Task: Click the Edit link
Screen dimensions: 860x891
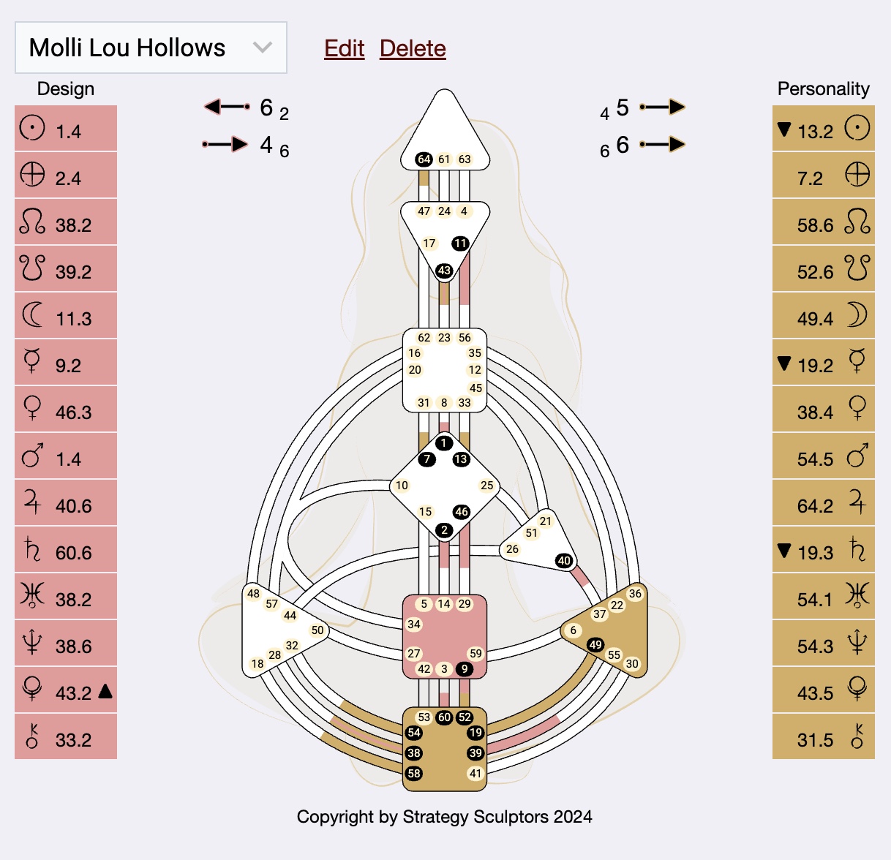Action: click(x=344, y=48)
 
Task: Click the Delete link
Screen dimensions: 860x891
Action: click(x=413, y=48)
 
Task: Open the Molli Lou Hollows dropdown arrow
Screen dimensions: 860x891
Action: click(x=262, y=48)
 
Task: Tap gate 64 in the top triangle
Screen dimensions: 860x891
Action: click(x=424, y=159)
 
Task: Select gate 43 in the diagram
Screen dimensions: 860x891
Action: click(x=444, y=271)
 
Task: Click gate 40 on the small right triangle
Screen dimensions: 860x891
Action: click(x=563, y=561)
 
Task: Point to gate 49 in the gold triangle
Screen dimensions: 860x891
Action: click(x=595, y=644)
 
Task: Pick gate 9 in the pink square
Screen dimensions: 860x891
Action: click(x=464, y=668)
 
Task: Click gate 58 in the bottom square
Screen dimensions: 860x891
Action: click(x=414, y=773)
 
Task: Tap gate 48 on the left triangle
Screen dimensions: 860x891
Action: click(x=253, y=593)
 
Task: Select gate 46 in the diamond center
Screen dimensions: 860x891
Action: click(x=461, y=511)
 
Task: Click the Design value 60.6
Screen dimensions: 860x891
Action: click(x=73, y=553)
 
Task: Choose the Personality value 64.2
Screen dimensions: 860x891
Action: click(x=815, y=506)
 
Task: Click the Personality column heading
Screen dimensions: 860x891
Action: click(x=823, y=88)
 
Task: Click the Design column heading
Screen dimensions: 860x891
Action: click(x=66, y=88)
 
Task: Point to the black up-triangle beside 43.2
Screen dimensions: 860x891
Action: click(x=105, y=690)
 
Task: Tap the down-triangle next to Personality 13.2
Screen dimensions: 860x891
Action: click(x=784, y=129)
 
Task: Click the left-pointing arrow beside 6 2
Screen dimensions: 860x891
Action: click(x=227, y=107)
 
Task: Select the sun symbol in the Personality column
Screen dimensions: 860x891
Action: click(x=857, y=128)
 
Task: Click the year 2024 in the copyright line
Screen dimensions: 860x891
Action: click(x=573, y=817)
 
